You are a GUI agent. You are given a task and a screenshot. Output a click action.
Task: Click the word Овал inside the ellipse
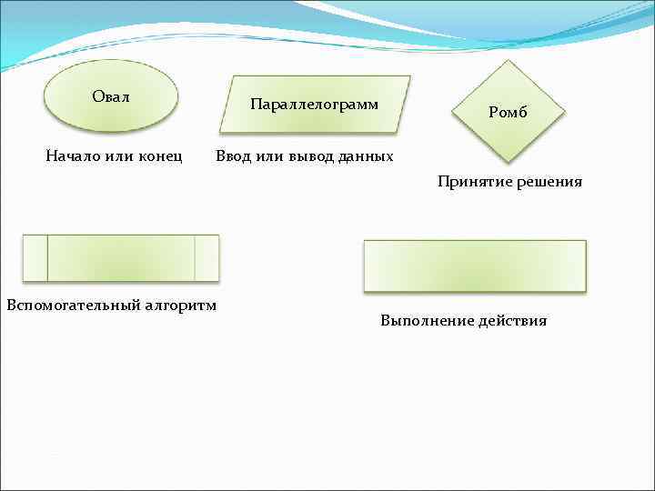[111, 96]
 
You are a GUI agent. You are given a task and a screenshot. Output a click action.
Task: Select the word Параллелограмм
[314, 105]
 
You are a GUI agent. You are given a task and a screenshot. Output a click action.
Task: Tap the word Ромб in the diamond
[508, 113]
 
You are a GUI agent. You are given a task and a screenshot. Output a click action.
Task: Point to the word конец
[160, 156]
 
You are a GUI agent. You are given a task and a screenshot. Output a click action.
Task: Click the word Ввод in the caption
[234, 156]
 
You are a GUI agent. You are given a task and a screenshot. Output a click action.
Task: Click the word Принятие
[473, 182]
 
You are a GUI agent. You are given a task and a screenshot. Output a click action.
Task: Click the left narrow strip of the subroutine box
[35, 257]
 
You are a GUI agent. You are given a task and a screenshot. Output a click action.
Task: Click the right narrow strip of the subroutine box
[207, 257]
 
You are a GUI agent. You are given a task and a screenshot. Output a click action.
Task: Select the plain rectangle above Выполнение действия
[475, 266]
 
